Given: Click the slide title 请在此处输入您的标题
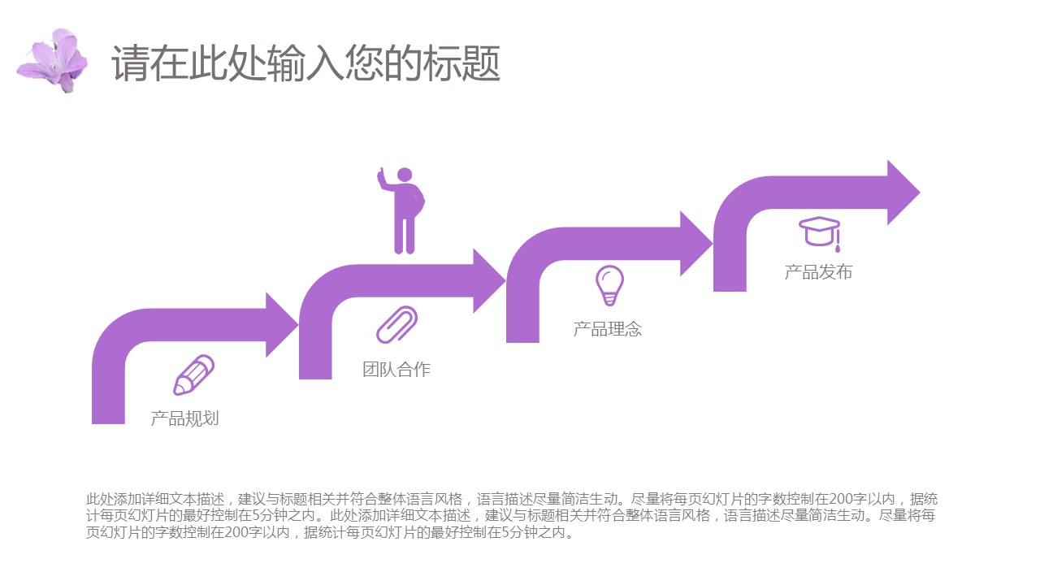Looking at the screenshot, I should click(305, 63).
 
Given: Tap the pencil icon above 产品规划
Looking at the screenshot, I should click(194, 375).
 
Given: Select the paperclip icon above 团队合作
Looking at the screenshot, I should click(396, 324).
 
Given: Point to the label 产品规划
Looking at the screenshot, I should click(184, 418).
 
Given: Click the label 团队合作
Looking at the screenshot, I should click(396, 370).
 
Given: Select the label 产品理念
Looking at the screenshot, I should click(608, 329).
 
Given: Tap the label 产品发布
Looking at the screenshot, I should click(818, 272).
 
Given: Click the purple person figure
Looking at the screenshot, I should click(404, 213).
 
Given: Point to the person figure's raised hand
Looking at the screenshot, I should click(380, 175).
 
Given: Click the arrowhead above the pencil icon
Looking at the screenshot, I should click(281, 325).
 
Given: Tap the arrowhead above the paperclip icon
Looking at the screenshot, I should click(488, 281).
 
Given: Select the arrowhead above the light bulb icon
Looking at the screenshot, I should click(695, 244).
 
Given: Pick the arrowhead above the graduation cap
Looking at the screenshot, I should click(903, 193).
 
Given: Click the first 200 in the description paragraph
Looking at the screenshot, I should click(832, 499).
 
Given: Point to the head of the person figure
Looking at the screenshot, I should click(404, 175).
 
